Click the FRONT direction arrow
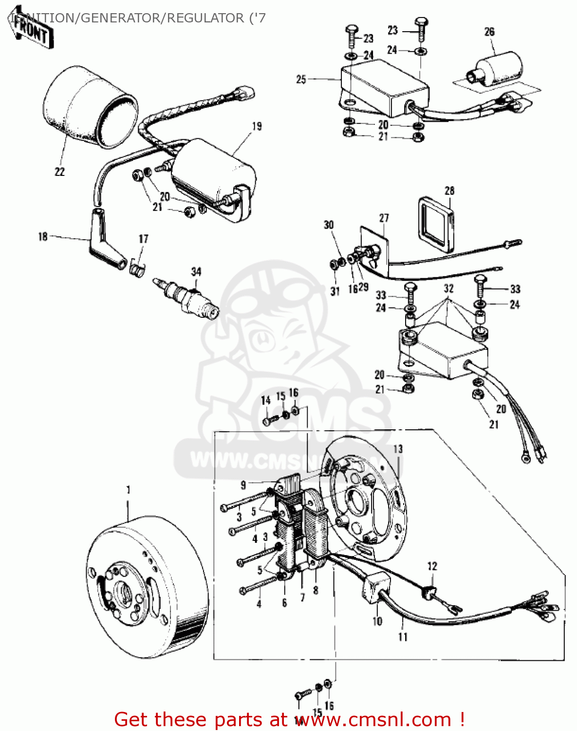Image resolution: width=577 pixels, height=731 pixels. (30, 30)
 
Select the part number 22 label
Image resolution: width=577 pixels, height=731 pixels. (59, 172)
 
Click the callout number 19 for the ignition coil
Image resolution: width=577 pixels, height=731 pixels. (257, 126)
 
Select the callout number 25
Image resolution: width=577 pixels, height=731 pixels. (301, 79)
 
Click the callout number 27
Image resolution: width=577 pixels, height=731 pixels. (384, 217)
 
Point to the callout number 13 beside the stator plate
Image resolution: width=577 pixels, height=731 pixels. (398, 448)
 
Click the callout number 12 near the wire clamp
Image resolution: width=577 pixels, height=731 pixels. (432, 566)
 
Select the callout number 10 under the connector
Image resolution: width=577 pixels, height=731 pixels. (377, 621)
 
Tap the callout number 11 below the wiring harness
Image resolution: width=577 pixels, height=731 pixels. (403, 636)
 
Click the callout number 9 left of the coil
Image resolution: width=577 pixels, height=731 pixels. (243, 484)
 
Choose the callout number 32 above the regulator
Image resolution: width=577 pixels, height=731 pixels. (448, 288)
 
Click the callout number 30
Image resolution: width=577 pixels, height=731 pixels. (329, 224)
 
